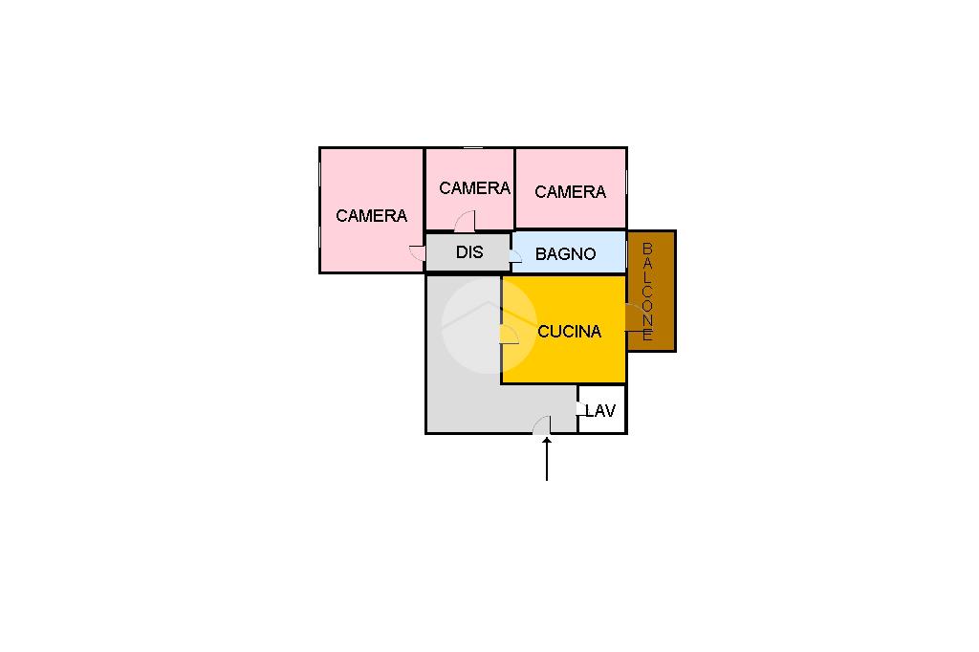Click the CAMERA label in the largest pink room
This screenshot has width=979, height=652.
point(372,216)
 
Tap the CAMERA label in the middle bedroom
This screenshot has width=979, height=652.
point(474,188)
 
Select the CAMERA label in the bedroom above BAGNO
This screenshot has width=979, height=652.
point(570,192)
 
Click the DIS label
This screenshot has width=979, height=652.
point(469,252)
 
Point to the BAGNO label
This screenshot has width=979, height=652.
point(566,254)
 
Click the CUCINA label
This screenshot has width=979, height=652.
point(570,332)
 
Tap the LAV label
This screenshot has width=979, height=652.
point(600,411)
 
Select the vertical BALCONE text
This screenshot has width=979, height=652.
point(647,292)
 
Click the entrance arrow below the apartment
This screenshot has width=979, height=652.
point(547,459)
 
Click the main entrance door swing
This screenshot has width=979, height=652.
point(541,424)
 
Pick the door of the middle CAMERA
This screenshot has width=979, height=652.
point(466,221)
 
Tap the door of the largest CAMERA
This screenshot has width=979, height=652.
point(418,253)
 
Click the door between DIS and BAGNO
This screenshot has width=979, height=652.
point(515,256)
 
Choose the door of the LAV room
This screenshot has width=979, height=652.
point(581,408)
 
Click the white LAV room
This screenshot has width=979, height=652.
point(602,409)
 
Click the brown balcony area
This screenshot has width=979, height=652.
point(651,291)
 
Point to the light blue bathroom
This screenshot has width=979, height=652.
point(569,252)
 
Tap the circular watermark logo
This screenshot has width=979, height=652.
point(489,326)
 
